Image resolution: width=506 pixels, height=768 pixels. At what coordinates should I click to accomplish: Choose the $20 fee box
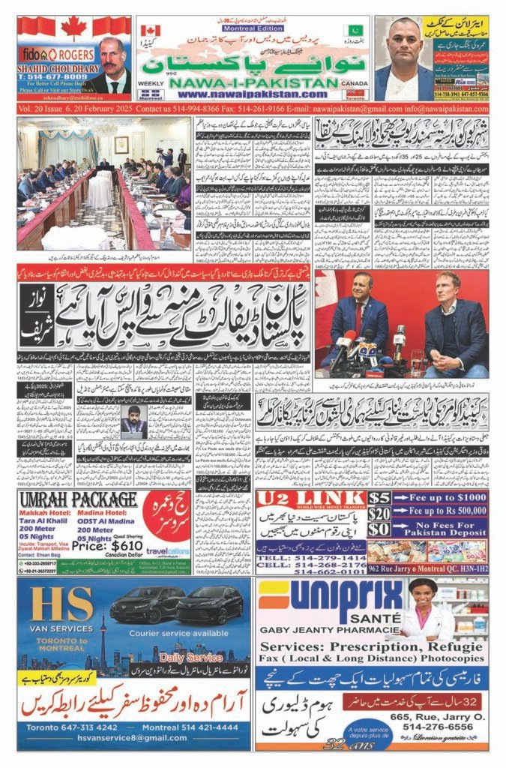tap(379, 514)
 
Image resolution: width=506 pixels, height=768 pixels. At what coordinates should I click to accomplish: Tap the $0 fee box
tap(379, 530)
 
